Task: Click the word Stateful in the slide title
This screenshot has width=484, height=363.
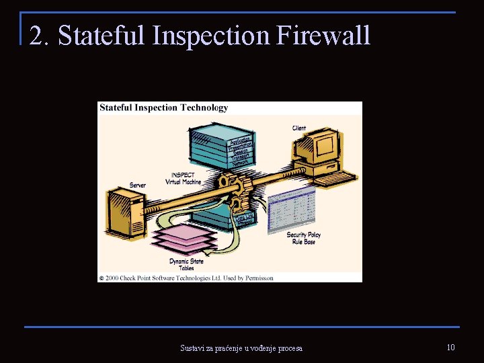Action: click(101, 36)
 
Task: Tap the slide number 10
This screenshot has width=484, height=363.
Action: click(450, 347)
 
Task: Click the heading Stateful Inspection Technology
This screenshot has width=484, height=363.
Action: click(163, 108)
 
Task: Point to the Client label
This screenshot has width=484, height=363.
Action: click(299, 128)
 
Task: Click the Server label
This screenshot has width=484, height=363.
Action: click(137, 185)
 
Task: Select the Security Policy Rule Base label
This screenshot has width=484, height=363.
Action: click(303, 238)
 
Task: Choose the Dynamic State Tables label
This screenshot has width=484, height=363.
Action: click(186, 264)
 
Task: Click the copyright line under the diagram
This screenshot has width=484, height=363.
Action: click(186, 278)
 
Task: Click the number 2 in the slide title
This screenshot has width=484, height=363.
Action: click(38, 36)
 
